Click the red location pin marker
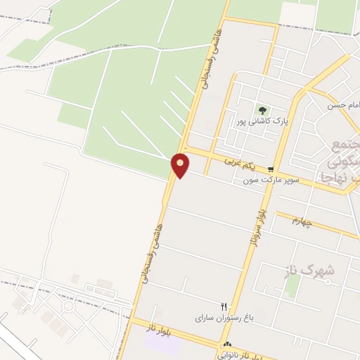(181, 165)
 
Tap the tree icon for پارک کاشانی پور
(262, 110)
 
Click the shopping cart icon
(271, 169)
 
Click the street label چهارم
(307, 221)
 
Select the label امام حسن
(343, 105)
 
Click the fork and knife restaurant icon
(224, 307)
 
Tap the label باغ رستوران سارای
(214, 318)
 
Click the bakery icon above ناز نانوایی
(227, 345)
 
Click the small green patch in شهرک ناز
(293, 285)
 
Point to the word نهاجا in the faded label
(340, 178)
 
